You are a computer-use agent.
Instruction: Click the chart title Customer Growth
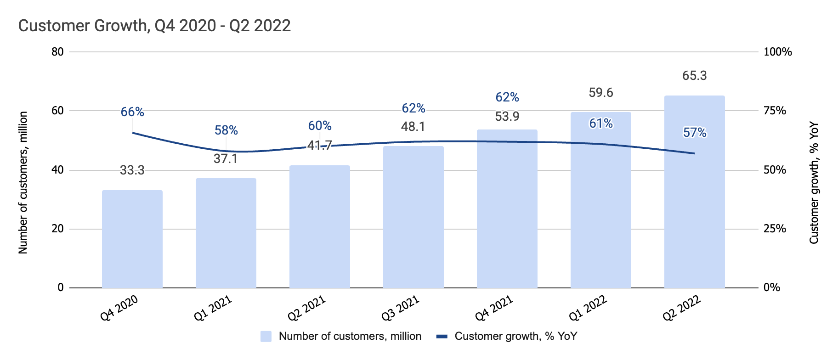(154, 25)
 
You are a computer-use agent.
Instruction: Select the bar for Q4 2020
(132, 239)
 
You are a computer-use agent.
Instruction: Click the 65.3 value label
(694, 76)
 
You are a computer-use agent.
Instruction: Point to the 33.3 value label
(132, 170)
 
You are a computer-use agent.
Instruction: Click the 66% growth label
(132, 112)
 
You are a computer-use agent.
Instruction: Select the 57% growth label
(694, 133)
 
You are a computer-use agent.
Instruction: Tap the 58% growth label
(226, 130)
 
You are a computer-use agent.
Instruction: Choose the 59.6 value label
(600, 93)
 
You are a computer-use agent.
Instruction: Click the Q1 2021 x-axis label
(213, 308)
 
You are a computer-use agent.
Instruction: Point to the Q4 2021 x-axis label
(494, 308)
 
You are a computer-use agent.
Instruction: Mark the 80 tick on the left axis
(58, 52)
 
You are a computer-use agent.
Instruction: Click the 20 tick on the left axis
(58, 229)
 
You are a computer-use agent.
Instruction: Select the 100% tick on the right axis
(777, 52)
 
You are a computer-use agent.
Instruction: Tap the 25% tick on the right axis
(775, 229)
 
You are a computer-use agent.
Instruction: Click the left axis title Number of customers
(23, 182)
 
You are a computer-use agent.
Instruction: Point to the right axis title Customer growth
(814, 182)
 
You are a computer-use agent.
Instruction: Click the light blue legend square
(266, 337)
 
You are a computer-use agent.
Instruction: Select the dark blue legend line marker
(442, 337)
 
